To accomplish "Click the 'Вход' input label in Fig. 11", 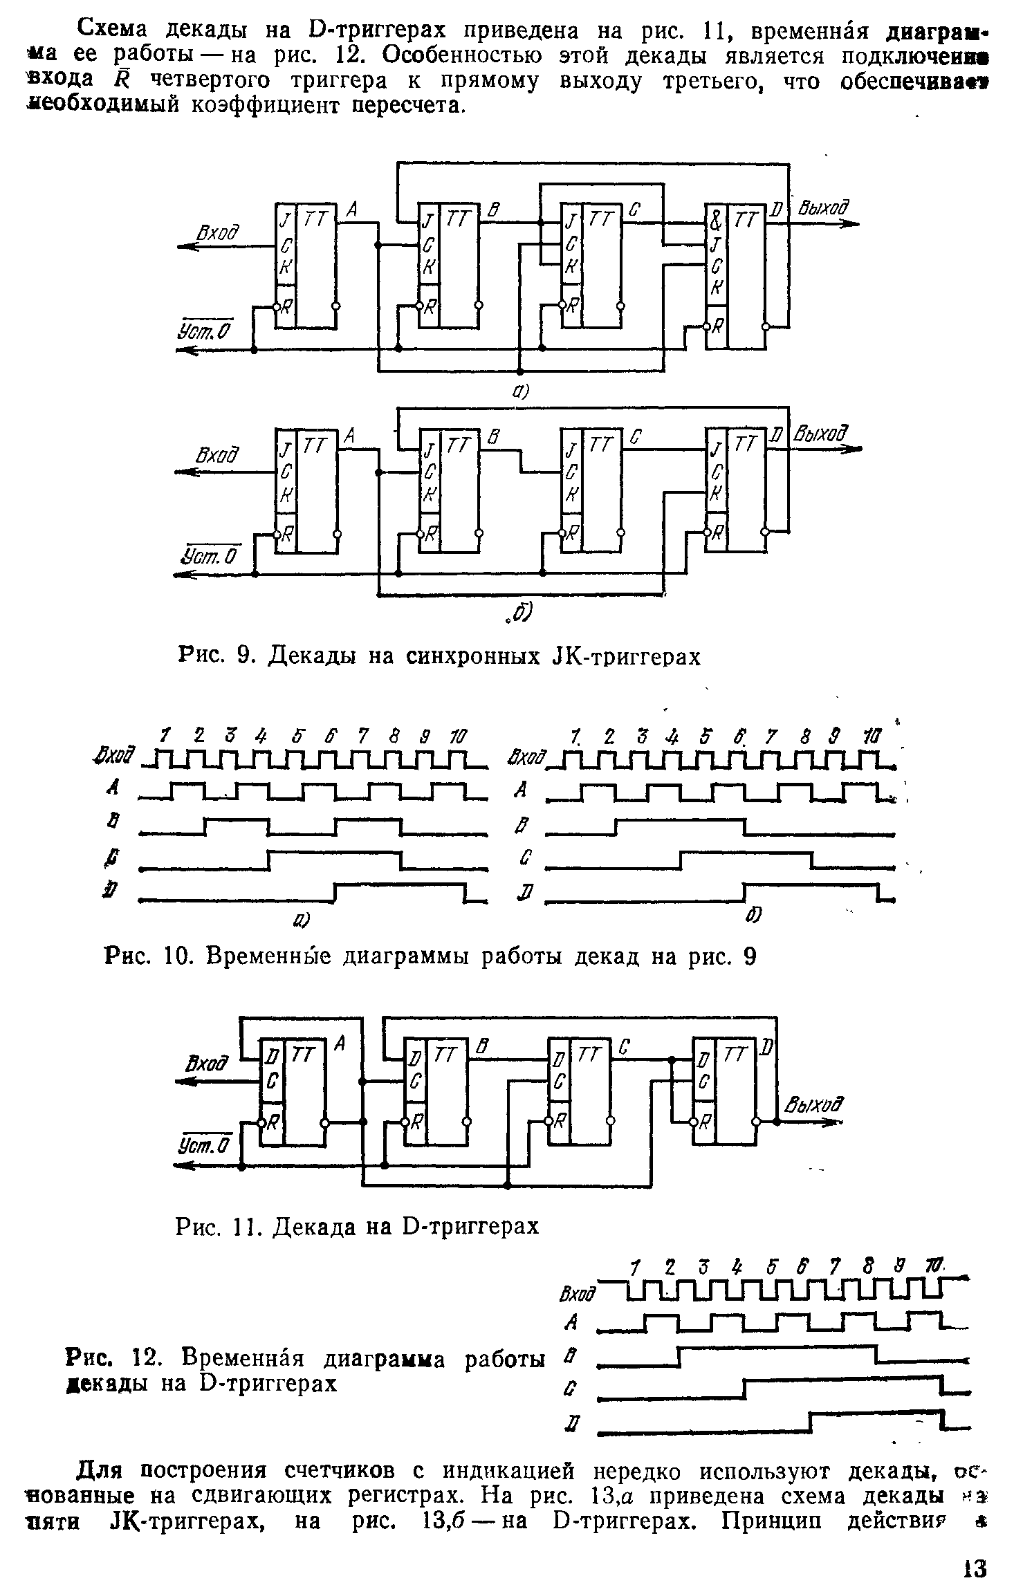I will click(x=207, y=1063).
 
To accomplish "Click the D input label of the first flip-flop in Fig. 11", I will click(x=272, y=1056).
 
